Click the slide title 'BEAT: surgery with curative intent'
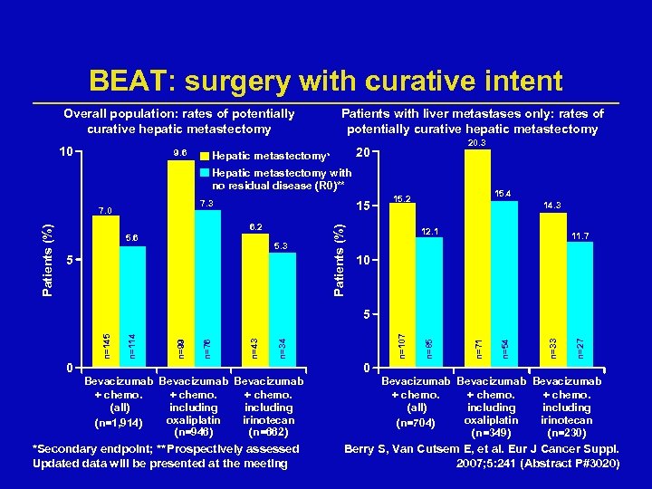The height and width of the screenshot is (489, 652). tap(326, 81)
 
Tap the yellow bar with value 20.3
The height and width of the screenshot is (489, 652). tap(477, 254)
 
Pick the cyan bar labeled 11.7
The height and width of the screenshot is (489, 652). tap(580, 299)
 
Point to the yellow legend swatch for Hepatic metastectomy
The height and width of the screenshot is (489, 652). tap(205, 154)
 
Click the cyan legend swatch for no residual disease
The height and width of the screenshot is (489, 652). tap(205, 172)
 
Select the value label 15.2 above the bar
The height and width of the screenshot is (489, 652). tap(402, 198)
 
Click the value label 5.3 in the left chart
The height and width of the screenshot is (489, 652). tap(282, 245)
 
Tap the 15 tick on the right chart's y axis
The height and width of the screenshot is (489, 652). tap(361, 206)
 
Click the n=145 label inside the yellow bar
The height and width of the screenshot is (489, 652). tap(107, 343)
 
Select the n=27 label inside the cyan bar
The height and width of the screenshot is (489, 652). tap(580, 345)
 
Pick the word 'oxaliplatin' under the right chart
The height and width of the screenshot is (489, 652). tap(489, 420)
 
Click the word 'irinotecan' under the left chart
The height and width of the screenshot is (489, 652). tap(268, 420)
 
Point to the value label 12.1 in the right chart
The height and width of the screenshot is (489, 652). tap(430, 232)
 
